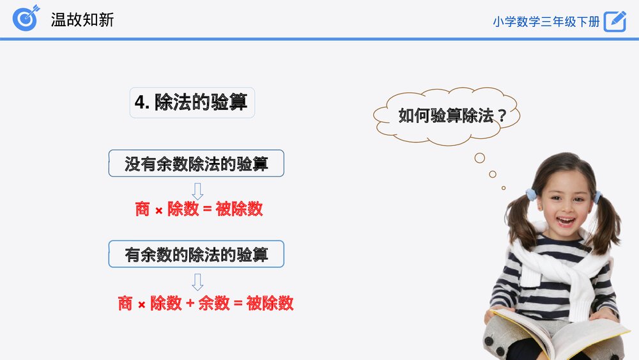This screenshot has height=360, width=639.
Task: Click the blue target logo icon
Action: tap(26, 18)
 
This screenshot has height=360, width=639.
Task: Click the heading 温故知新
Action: tap(82, 20)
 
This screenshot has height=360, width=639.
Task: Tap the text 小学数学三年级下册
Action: tap(546, 22)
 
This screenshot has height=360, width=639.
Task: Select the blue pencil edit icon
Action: tap(615, 21)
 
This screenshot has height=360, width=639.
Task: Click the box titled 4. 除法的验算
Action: tap(192, 103)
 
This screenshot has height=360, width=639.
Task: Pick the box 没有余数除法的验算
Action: tap(196, 163)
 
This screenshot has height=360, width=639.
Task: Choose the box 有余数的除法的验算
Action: tap(196, 254)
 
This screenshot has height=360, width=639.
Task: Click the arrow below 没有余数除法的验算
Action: tap(197, 191)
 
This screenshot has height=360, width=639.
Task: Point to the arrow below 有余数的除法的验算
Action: tap(197, 282)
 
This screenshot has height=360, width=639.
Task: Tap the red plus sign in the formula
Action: tap(190, 303)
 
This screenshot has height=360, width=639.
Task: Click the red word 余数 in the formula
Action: tap(214, 303)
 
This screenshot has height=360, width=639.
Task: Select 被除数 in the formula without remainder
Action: tap(239, 209)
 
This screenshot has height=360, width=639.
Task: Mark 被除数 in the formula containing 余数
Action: tap(270, 303)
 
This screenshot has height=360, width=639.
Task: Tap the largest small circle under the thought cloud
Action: tap(480, 158)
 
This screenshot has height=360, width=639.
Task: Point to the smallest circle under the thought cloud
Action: tap(504, 188)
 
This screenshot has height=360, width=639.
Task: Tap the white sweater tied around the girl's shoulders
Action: tap(562, 265)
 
